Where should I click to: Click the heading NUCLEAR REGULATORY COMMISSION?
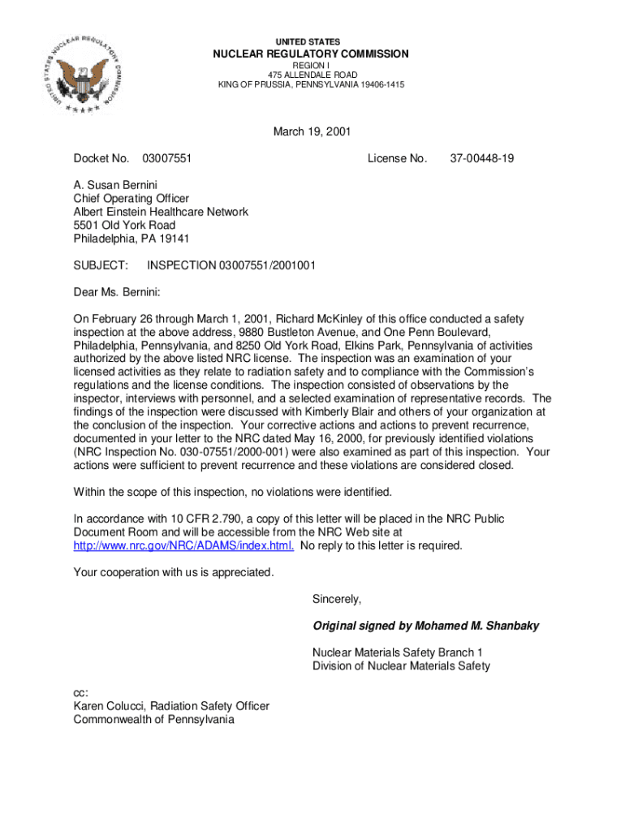click(x=311, y=54)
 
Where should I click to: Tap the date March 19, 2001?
click(x=312, y=131)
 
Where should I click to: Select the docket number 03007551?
click(x=166, y=158)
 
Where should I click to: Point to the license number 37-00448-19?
click(x=481, y=158)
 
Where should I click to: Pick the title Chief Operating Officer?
click(x=131, y=198)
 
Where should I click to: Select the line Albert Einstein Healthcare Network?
click(x=161, y=212)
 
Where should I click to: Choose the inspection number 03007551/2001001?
click(x=231, y=265)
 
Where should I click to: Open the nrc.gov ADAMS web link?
click(x=183, y=545)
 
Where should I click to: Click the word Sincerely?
click(x=337, y=599)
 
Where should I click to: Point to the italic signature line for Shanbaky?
click(x=425, y=626)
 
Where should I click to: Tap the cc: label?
click(x=81, y=693)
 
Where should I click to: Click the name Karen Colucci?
click(x=112, y=706)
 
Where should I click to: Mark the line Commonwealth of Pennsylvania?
click(x=153, y=719)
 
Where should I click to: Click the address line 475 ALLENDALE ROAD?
click(x=311, y=75)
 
